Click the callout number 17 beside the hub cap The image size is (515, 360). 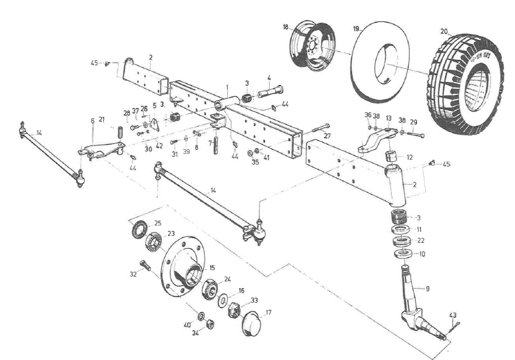pos(268,311)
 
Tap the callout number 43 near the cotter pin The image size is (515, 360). pos(452,315)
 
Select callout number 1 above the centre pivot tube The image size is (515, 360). pos(227,87)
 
